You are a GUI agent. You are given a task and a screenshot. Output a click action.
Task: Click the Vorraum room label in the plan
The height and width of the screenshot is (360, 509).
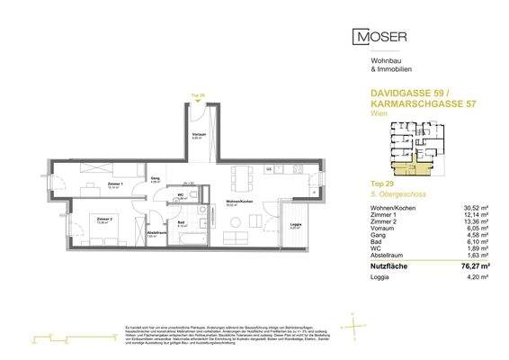click(x=198, y=135)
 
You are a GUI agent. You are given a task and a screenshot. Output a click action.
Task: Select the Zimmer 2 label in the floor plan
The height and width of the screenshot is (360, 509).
click(x=103, y=219)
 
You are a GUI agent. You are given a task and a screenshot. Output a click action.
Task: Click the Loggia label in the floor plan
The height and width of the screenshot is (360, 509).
click(x=292, y=226)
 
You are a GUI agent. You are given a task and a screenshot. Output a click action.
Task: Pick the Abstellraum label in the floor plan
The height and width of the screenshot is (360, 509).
click(x=156, y=235)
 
